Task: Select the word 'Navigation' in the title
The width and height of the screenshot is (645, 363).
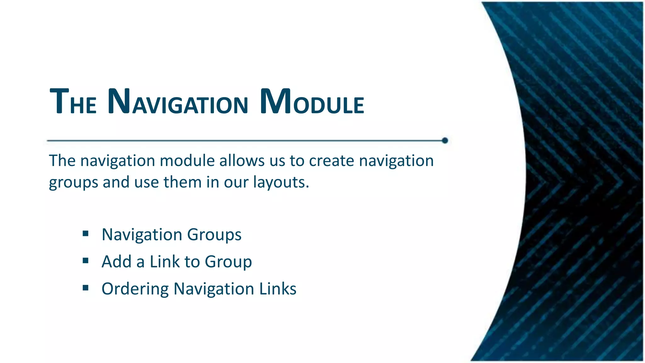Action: [x=178, y=102]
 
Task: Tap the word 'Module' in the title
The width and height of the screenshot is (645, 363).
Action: [x=312, y=102]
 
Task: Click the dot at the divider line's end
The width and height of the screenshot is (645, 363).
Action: [x=445, y=141]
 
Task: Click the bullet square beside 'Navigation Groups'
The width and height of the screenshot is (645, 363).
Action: [x=85, y=234]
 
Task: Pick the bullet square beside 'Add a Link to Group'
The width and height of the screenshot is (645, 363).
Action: [x=85, y=261]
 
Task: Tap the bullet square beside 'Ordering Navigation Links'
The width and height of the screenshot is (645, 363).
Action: [x=85, y=288]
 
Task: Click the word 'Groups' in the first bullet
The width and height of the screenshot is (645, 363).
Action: [x=214, y=235]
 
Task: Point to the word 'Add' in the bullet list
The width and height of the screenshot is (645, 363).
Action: [x=116, y=262]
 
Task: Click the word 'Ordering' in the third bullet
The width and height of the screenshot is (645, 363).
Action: [x=135, y=289]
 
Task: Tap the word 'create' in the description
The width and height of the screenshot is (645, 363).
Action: [x=331, y=161]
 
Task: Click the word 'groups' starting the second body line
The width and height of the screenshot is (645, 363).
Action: [x=73, y=183]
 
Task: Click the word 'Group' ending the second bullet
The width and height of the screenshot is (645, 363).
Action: [x=228, y=262]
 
